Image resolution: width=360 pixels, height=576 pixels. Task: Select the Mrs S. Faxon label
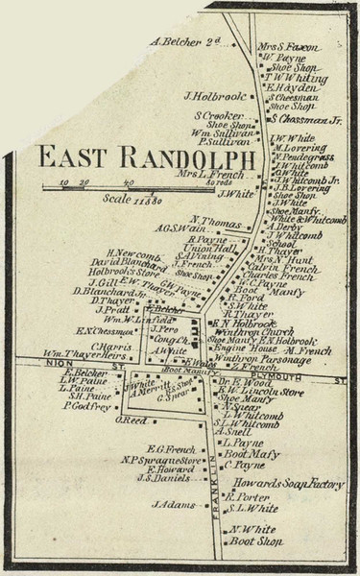point(287,45)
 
